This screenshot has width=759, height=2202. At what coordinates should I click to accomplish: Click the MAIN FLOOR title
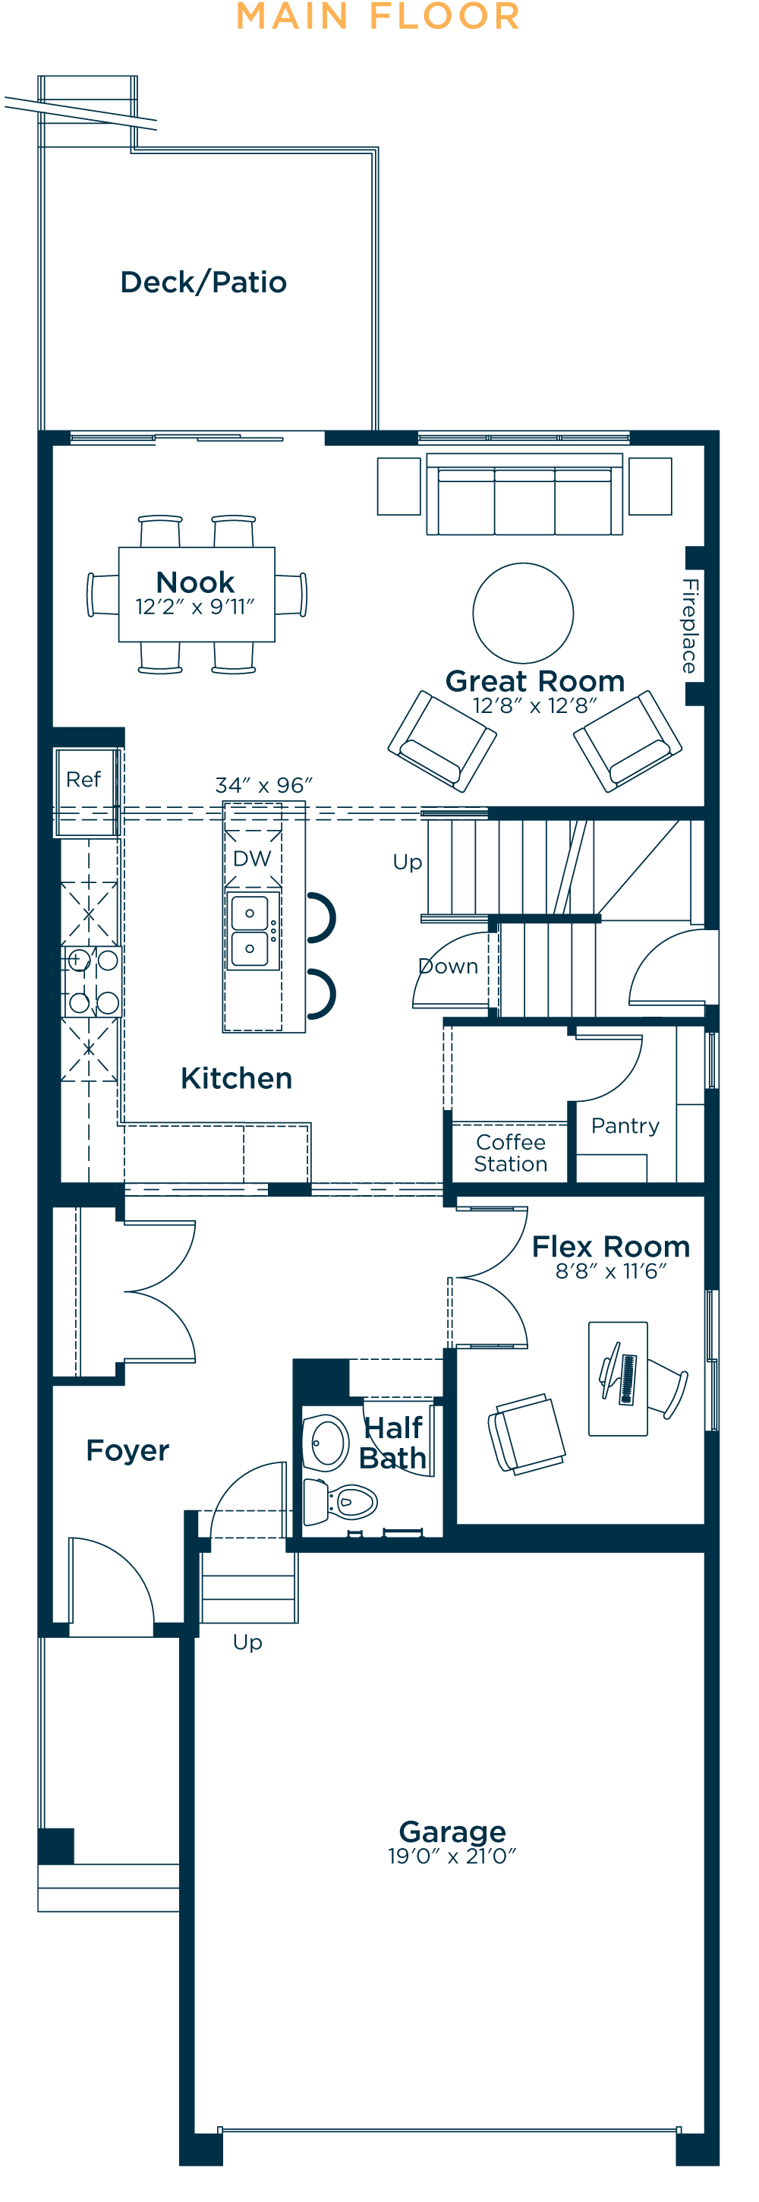coord(378,17)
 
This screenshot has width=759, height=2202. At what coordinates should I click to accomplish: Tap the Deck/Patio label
coord(203,282)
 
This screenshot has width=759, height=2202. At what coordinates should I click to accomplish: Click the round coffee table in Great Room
coord(523,612)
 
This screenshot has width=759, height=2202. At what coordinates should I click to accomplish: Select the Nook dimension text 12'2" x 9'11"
coord(195,607)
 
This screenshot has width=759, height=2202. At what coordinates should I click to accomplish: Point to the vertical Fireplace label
coord(690,625)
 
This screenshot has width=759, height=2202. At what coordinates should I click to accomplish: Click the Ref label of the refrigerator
coord(83,780)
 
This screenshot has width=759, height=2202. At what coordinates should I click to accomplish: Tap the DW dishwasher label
coord(252,858)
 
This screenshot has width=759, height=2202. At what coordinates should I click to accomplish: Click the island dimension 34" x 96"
coord(264,784)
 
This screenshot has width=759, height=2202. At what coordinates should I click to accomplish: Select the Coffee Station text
coord(510,1153)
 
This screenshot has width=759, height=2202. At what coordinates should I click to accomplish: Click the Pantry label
coord(625,1126)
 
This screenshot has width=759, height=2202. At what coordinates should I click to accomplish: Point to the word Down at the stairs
coord(449,966)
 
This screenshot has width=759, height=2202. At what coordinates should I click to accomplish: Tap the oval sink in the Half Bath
coord(326,1443)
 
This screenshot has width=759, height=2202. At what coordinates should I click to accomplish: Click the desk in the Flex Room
coord(617,1378)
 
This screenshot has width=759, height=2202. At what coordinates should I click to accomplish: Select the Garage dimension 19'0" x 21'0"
coord(452,1856)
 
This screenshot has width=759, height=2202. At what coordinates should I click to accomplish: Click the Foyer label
coord(128,1450)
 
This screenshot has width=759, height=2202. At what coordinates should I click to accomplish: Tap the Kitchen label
coord(237,1078)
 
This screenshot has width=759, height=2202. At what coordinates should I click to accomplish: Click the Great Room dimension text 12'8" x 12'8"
coord(535,705)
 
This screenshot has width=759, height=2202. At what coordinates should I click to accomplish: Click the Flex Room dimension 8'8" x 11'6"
coord(610,1271)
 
